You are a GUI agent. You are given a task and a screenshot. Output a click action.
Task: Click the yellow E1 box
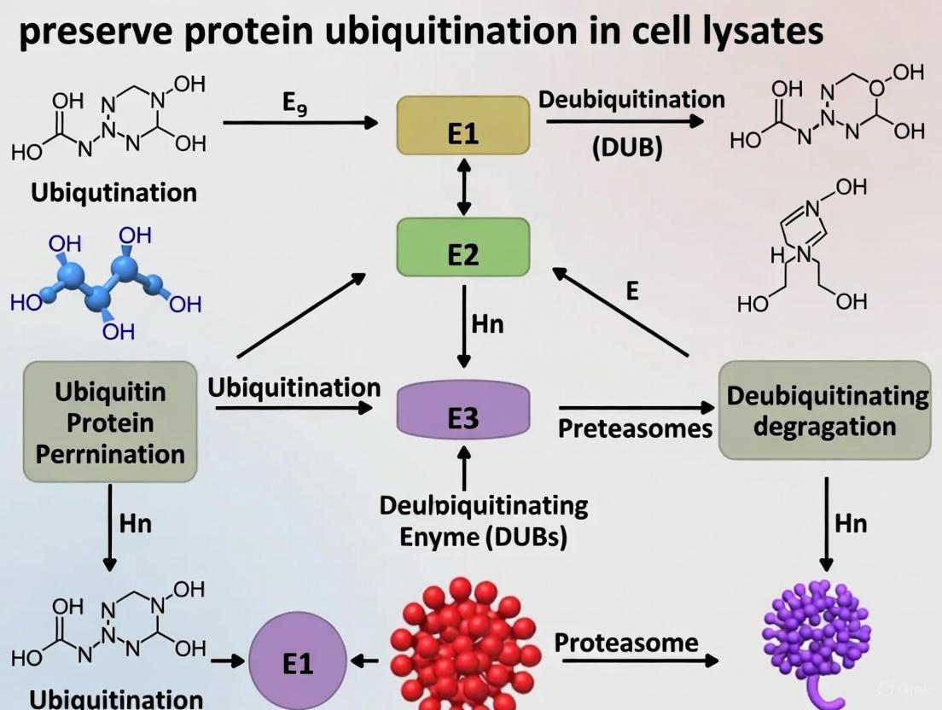(462, 125)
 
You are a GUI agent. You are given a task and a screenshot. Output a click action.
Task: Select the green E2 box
(462, 247)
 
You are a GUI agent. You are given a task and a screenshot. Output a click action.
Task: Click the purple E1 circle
(298, 661)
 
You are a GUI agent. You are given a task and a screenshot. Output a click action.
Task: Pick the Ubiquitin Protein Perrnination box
(110, 422)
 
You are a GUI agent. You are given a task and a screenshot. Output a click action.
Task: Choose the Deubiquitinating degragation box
(824, 410)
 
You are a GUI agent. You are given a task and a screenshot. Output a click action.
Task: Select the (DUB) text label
(627, 147)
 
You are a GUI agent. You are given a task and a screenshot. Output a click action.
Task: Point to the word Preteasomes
(635, 428)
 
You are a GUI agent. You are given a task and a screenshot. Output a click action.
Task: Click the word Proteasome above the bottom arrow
(626, 643)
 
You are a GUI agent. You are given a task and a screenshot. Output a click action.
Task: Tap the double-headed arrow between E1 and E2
(463, 185)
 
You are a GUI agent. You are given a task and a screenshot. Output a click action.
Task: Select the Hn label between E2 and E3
(487, 324)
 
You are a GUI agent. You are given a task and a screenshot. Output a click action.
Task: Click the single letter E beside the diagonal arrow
(632, 291)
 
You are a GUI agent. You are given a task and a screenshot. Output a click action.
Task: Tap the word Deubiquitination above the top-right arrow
(631, 99)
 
